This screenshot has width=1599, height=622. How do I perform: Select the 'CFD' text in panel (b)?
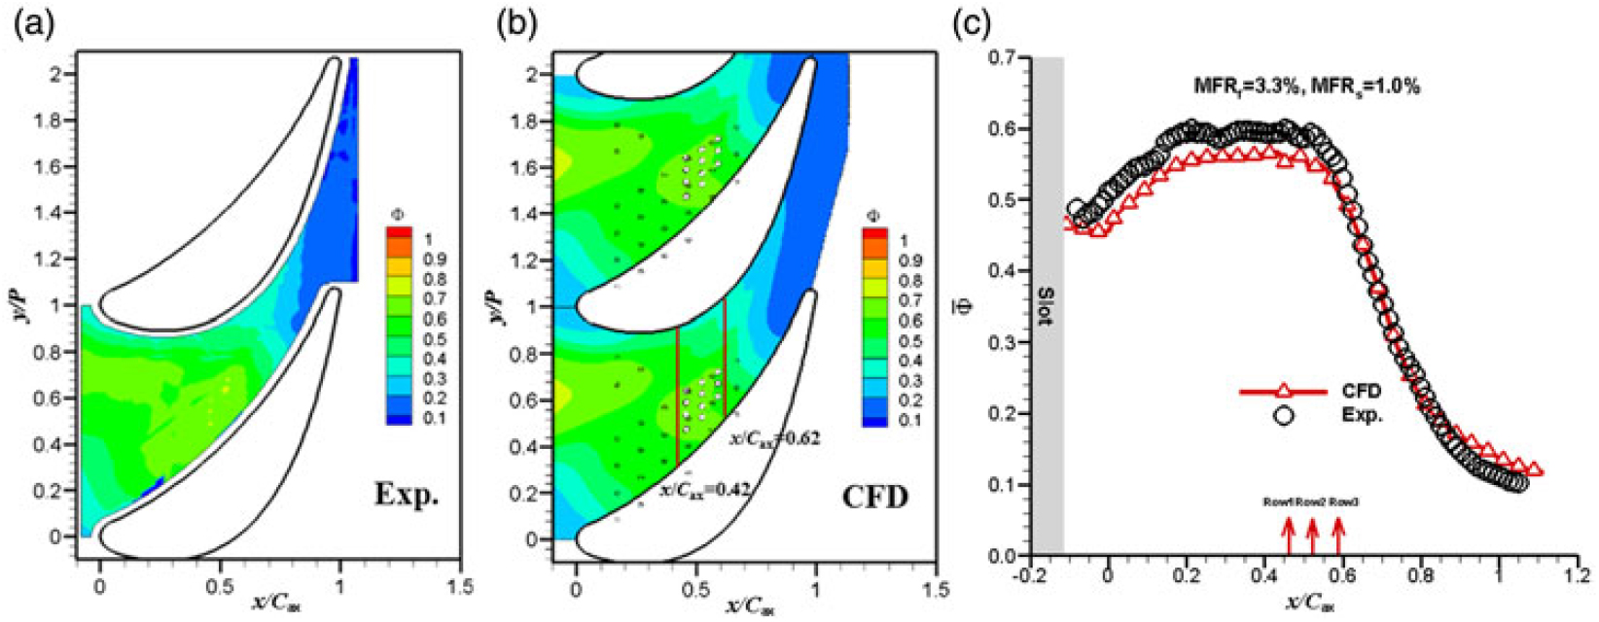[875, 498]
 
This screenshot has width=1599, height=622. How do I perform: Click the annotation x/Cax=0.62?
[774, 439]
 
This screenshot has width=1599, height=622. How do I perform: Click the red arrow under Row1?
[1289, 535]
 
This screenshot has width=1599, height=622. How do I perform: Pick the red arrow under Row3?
[1338, 535]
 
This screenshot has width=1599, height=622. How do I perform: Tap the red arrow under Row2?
[1312, 535]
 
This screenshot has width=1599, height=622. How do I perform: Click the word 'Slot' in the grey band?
[1047, 306]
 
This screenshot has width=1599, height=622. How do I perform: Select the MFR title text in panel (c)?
[1306, 86]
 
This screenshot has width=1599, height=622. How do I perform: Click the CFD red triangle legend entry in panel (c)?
[1283, 392]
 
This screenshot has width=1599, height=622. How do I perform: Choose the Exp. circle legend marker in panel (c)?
[1284, 416]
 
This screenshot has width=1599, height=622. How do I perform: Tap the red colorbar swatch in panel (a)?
[399, 234]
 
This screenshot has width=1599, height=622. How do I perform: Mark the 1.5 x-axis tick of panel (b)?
[936, 590]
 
